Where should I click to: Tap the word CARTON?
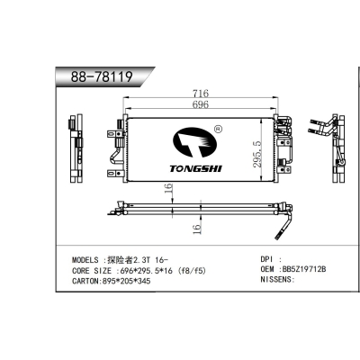point(89,280)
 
